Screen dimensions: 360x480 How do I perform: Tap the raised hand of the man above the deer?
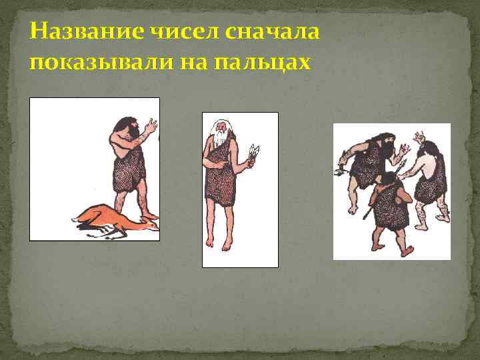click(x=151, y=125)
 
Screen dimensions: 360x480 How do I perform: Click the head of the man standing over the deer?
click(x=127, y=127)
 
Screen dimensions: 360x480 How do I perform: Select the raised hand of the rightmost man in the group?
click(x=421, y=138)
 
